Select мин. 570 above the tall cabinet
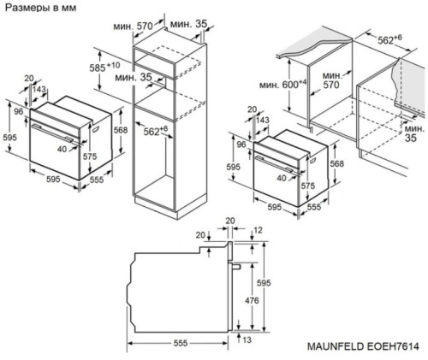pyautogui.click(x=144, y=27)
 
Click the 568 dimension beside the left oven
pyautogui.click(x=122, y=129)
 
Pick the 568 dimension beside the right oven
pyautogui.click(x=336, y=165)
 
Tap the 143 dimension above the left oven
pyautogui.click(x=39, y=89)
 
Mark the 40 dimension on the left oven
pyautogui.click(x=62, y=148)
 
